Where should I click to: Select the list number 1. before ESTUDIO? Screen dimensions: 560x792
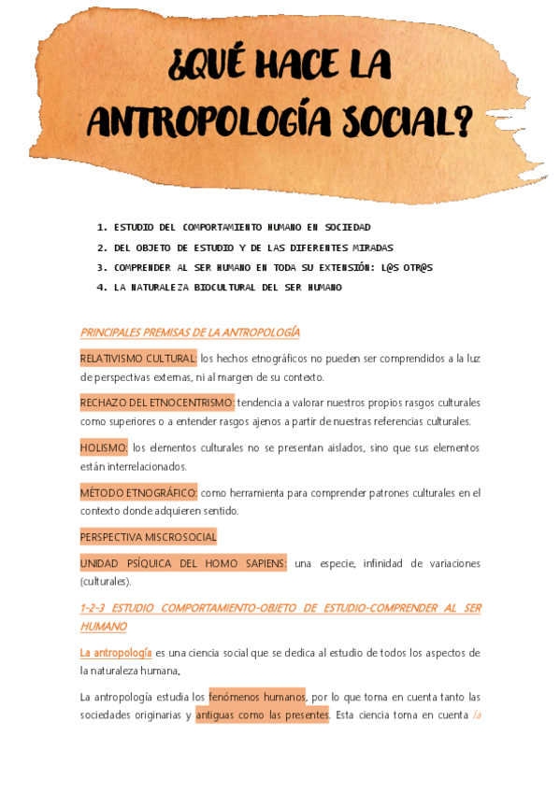pyautogui.click(x=101, y=227)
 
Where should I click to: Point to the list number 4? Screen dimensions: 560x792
pyautogui.click(x=101, y=288)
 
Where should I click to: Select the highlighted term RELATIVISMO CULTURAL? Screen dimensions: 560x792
pyautogui.click(x=138, y=359)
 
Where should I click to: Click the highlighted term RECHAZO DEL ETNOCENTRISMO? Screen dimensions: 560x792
pyautogui.click(x=157, y=403)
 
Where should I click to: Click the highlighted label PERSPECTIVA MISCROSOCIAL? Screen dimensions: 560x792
pyautogui.click(x=149, y=537)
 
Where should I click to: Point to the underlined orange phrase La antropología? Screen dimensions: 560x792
pyautogui.click(x=116, y=652)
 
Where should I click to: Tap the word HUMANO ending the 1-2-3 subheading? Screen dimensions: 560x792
pyautogui.click(x=103, y=626)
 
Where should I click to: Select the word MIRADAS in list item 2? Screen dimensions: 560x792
pyautogui.click(x=371, y=247)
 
